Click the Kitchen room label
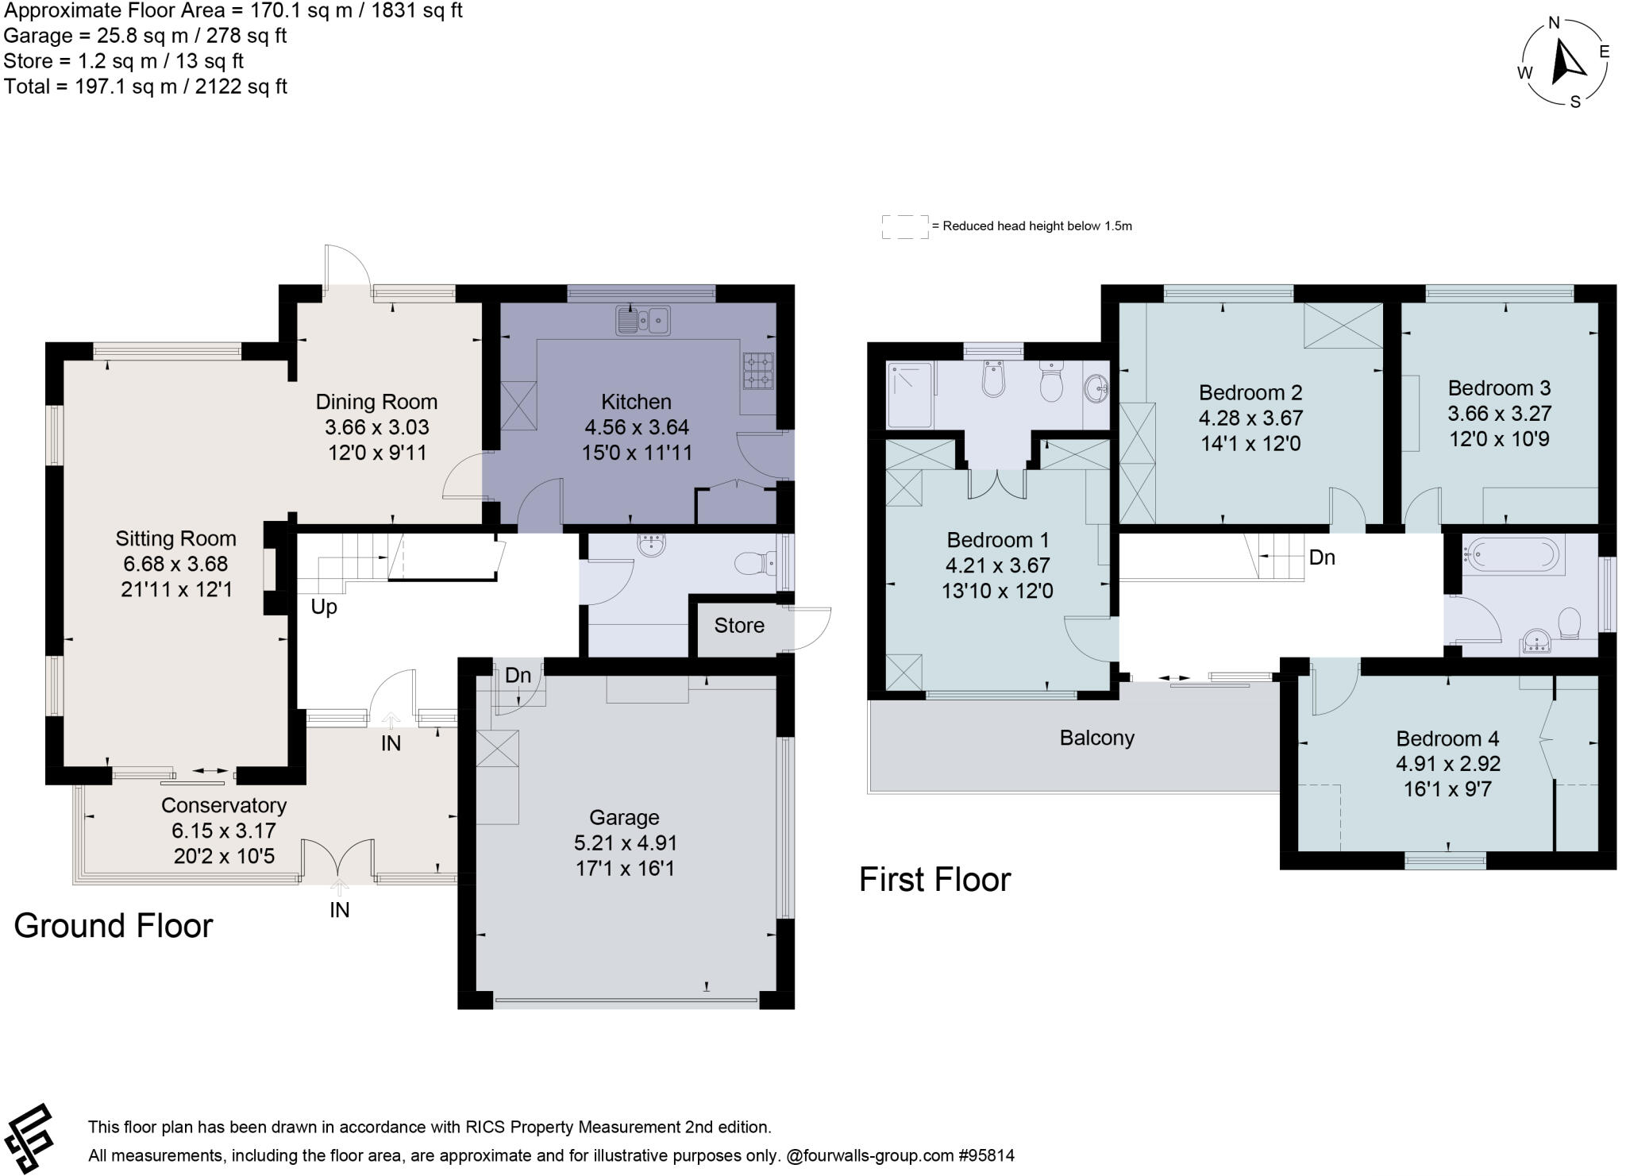(x=636, y=402)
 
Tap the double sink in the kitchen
(x=643, y=321)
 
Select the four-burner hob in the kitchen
(x=758, y=371)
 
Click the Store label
(x=739, y=626)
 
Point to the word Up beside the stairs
(x=324, y=607)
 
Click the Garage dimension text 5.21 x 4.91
(x=625, y=842)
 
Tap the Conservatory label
(x=224, y=805)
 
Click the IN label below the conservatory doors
(x=340, y=910)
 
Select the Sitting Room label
(x=176, y=538)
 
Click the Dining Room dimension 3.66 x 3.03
(x=377, y=427)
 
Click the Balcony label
(x=1096, y=738)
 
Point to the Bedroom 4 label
(x=1447, y=738)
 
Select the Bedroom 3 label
(x=1499, y=388)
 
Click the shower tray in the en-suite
(x=910, y=395)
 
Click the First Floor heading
(x=934, y=880)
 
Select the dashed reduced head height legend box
(x=904, y=226)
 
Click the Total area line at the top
(x=145, y=87)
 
